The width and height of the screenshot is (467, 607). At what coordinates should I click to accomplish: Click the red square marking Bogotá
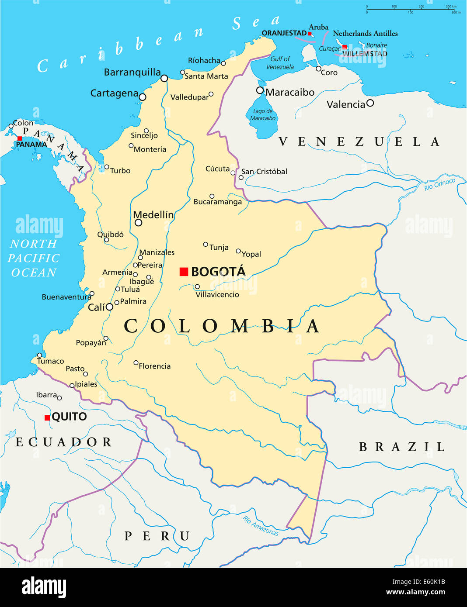click(184, 272)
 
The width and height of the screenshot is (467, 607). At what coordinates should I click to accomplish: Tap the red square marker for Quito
click(47, 418)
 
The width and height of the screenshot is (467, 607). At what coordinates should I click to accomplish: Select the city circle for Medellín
click(139, 223)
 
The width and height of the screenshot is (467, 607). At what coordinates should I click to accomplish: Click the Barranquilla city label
click(132, 72)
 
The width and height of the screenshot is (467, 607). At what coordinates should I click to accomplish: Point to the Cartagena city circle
click(143, 97)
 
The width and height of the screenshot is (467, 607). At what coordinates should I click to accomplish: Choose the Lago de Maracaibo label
click(263, 114)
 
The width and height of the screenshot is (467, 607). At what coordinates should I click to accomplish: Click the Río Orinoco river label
click(439, 184)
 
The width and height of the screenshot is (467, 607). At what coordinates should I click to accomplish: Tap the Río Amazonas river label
click(261, 526)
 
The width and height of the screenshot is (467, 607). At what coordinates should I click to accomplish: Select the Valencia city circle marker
click(370, 103)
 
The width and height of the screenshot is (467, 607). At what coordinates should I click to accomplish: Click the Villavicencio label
click(217, 295)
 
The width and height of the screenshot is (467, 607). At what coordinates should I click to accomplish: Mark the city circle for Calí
click(109, 307)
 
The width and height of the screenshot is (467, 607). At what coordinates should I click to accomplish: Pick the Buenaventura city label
click(66, 297)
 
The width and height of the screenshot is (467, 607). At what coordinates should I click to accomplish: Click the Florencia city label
click(154, 366)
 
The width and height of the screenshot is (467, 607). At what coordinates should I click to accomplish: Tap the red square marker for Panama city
click(19, 138)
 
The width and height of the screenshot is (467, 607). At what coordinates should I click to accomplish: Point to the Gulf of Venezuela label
click(280, 63)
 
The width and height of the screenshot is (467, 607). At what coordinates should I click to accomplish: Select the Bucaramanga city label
click(217, 202)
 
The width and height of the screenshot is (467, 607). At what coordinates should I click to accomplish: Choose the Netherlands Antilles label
click(365, 34)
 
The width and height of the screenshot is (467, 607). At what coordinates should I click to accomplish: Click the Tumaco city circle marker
click(39, 355)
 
